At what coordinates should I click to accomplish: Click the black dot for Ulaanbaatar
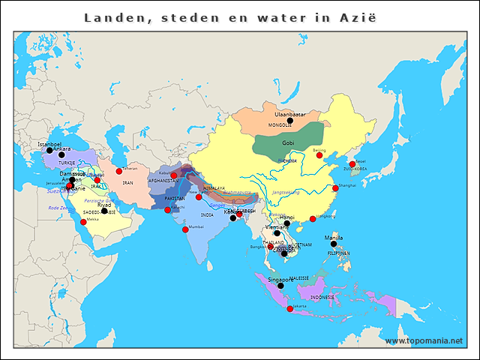289,121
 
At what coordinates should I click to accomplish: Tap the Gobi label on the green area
288,142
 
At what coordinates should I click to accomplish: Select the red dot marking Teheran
118,171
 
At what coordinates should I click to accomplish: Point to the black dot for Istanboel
49,150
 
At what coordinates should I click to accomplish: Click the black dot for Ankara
61,155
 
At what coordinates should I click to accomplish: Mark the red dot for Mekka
83,222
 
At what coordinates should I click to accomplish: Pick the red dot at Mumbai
184,229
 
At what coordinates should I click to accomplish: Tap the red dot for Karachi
167,210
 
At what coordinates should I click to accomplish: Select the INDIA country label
207,214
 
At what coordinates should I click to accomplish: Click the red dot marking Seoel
352,164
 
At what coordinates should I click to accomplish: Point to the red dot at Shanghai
335,188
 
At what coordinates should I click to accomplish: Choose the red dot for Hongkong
313,219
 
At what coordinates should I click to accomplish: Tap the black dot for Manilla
334,244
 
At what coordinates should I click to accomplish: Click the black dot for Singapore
280,286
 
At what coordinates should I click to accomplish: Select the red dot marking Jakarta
290,309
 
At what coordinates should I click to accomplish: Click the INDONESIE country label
322,297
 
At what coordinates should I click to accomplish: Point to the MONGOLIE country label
280,124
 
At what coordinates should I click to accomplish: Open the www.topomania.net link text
424,340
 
